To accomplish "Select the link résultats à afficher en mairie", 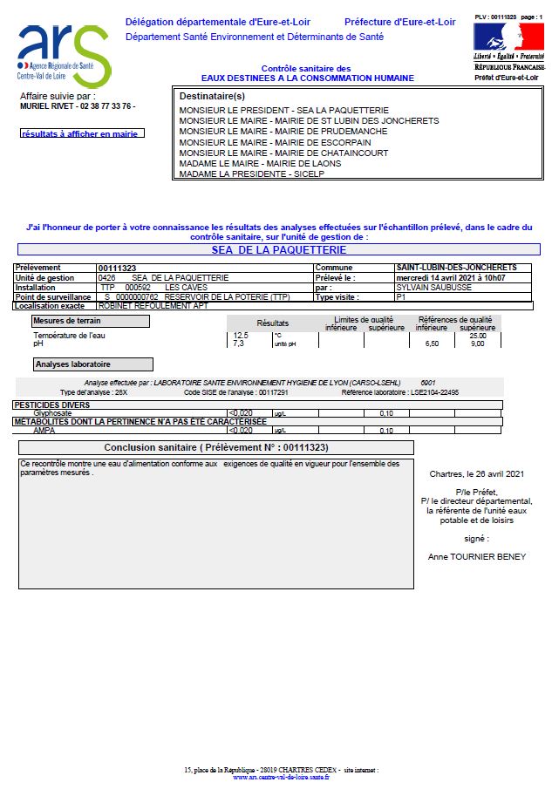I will (82, 133).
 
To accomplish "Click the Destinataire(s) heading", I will (212, 95).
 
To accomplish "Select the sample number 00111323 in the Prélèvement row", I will (117, 268).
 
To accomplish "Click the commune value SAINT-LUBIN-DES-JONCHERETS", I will (456, 268).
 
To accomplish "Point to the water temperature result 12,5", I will (241, 335).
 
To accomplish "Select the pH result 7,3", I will (238, 343).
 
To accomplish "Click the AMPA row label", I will (44, 431).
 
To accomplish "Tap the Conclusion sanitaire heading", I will (216, 447).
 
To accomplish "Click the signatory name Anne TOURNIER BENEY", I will (477, 556).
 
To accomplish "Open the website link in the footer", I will (281, 777).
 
